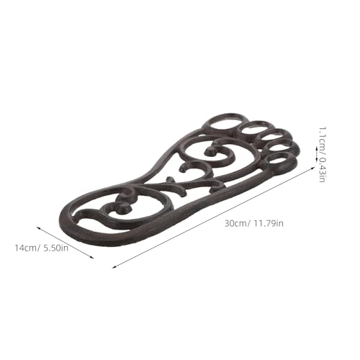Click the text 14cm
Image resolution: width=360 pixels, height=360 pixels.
coord(26,248)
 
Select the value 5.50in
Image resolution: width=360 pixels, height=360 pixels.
coord(55,248)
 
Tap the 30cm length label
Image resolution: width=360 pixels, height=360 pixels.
coord(235,223)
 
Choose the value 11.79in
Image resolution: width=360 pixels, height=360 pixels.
coord(269,223)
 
